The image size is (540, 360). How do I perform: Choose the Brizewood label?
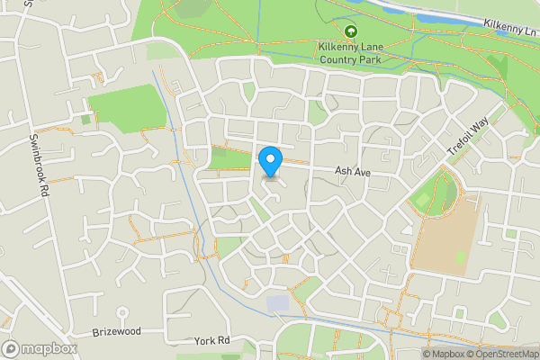[x=117, y=332]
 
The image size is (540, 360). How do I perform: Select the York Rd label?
[x=212, y=342]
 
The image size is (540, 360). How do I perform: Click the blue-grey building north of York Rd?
[x=279, y=303]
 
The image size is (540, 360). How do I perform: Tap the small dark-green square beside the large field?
[x=86, y=119]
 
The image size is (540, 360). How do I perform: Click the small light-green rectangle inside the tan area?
[x=461, y=257]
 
